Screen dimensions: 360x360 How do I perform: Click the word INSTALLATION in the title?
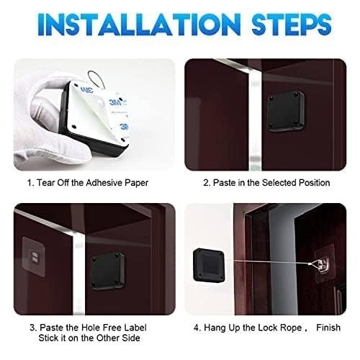pos(139,24)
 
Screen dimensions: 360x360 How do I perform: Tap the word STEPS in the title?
pos(292,24)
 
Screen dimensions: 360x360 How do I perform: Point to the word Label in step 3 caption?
pos(135,328)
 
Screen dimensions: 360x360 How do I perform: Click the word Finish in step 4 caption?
pos(328,328)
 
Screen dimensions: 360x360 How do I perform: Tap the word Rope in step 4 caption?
pos(292,328)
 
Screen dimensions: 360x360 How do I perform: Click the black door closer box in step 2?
pos(285,111)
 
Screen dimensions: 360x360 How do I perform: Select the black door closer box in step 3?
pos(107,271)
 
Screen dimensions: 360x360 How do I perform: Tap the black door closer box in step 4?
pos(209,265)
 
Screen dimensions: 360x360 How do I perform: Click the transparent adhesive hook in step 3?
pos(35,256)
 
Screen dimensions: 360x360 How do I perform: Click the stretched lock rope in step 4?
pos(269,262)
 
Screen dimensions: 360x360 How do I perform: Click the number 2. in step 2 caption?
pos(207,183)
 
